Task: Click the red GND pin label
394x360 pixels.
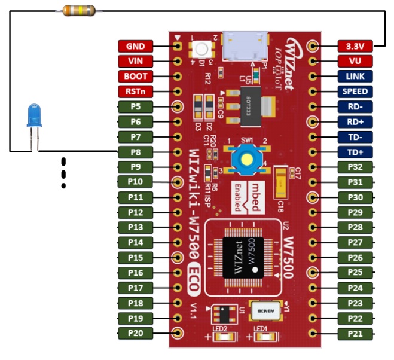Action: coord(136,46)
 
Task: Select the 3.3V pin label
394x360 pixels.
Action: coord(355,46)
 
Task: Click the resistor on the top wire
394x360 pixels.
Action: coord(79,10)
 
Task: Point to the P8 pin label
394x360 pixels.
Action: coord(136,152)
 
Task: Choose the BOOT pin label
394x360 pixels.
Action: coord(136,77)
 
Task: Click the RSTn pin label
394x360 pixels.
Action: coord(136,91)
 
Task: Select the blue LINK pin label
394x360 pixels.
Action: coord(355,77)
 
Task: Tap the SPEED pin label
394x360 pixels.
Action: coord(355,91)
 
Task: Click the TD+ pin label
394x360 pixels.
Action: coord(355,152)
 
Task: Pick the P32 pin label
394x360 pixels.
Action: coord(355,167)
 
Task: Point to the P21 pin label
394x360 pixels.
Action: coord(355,333)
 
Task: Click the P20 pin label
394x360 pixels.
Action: coord(136,333)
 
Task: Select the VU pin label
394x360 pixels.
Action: coord(355,61)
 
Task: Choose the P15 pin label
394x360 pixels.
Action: coord(136,257)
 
